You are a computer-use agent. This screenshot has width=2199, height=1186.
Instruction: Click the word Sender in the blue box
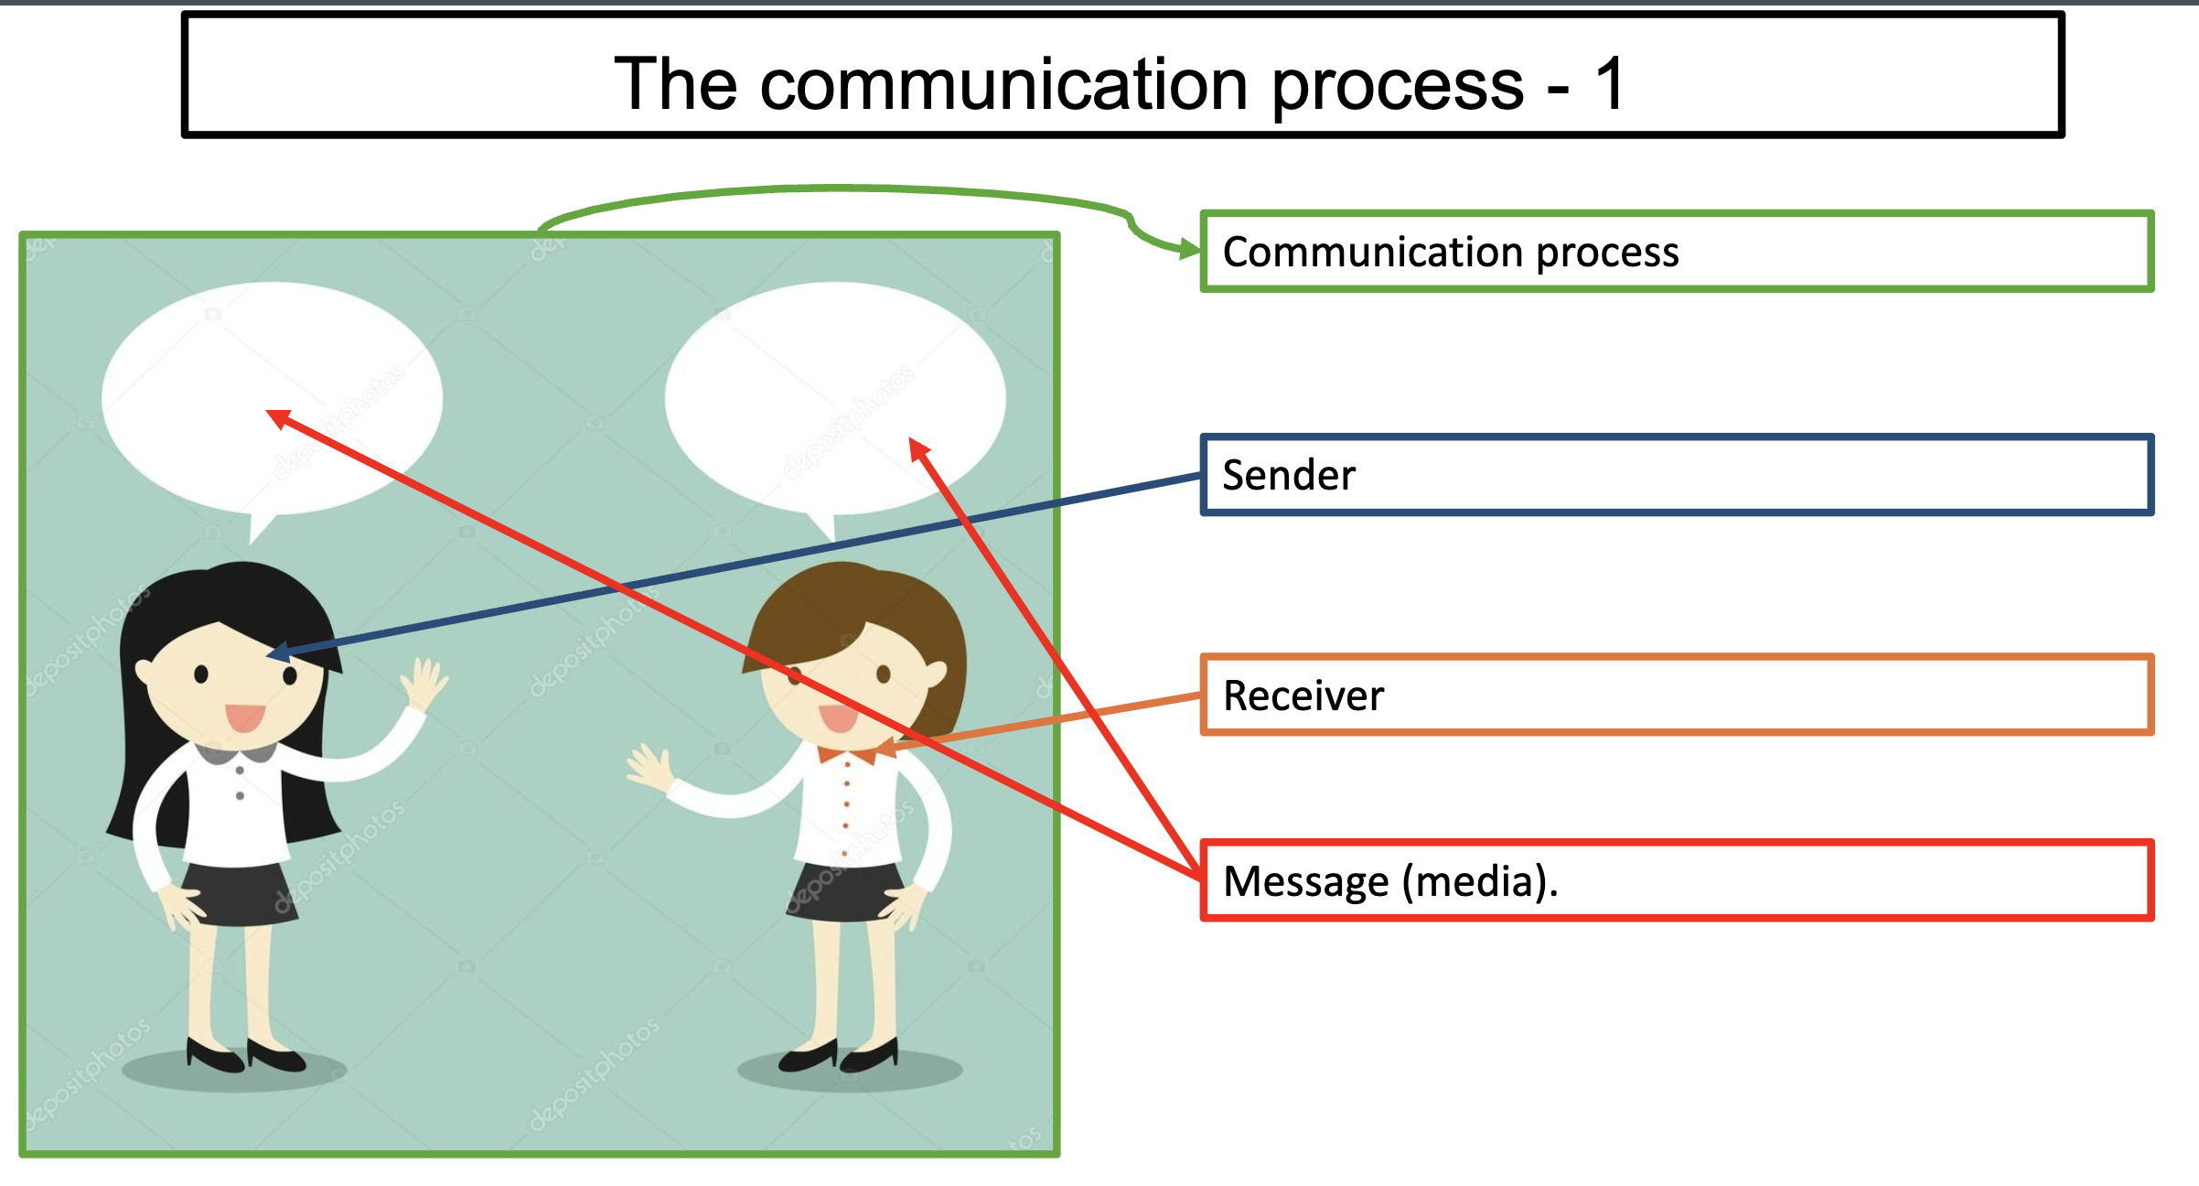tap(1288, 475)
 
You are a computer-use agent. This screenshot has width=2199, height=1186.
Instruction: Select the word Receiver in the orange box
tap(1303, 695)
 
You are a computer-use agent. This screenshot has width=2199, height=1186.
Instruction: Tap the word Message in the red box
tap(1306, 882)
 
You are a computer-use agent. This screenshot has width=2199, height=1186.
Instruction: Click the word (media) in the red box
tap(1476, 882)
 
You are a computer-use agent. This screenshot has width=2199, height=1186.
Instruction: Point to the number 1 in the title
tap(1608, 83)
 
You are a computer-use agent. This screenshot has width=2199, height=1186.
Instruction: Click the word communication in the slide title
tap(1004, 83)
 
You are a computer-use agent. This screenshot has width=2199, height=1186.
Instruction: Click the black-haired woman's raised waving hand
tap(423, 683)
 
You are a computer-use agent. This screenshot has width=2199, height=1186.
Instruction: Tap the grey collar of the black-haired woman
tap(236, 753)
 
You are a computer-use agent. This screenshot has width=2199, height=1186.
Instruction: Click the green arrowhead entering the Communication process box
tap(1189, 250)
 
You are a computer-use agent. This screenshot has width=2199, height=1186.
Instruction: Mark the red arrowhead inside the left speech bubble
tap(278, 419)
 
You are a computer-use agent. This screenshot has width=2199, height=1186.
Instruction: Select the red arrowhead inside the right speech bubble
tap(918, 449)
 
